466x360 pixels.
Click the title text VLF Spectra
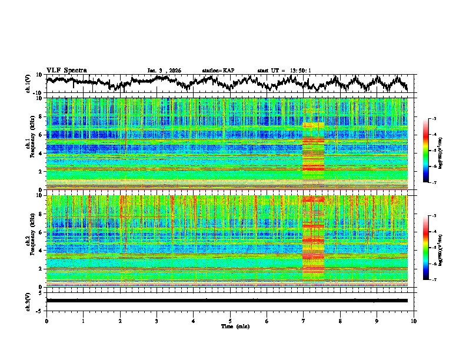tap(66, 70)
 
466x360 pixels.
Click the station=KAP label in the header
tap(218, 71)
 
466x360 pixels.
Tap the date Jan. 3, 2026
tap(164, 71)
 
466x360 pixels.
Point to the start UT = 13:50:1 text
tap(284, 71)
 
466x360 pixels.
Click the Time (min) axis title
tap(231, 326)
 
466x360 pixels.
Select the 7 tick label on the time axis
tap(304, 321)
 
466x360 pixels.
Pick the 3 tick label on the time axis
tap(157, 321)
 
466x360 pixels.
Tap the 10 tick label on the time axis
tap(414, 321)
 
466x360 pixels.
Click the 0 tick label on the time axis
tap(46, 321)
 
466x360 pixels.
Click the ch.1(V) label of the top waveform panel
tap(28, 84)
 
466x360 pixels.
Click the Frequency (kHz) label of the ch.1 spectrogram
tap(35, 144)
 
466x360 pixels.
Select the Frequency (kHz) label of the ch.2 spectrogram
tap(35, 241)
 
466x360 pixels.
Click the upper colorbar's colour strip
tap(426, 151)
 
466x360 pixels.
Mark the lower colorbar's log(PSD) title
tap(440, 248)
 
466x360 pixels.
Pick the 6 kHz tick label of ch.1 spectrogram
tap(41, 135)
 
